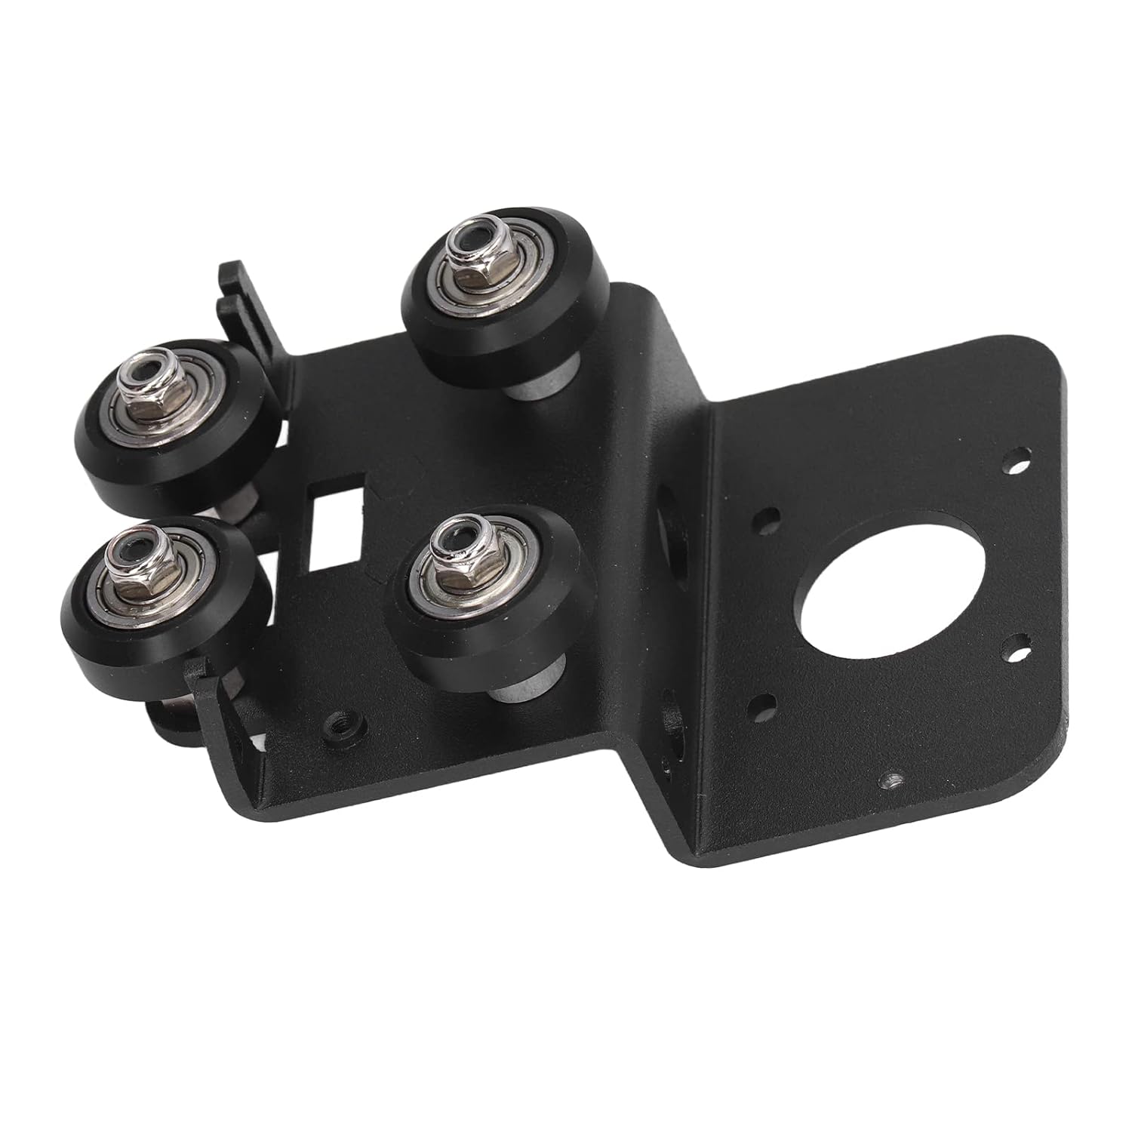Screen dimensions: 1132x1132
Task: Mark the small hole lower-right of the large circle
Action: pyautogui.click(x=1021, y=645)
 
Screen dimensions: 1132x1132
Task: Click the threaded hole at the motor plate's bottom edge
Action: pyautogui.click(x=893, y=778)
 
